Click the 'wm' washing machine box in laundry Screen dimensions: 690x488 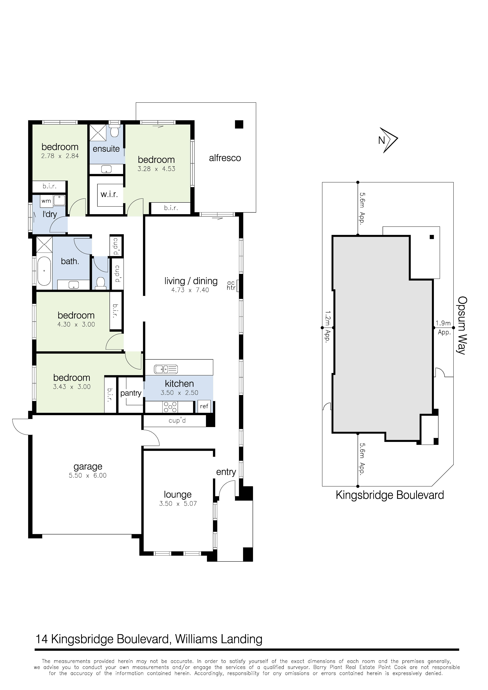(46, 201)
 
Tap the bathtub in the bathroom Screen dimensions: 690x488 (44, 271)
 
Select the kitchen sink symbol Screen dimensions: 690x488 (166, 369)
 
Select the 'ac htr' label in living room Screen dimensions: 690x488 (231, 285)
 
